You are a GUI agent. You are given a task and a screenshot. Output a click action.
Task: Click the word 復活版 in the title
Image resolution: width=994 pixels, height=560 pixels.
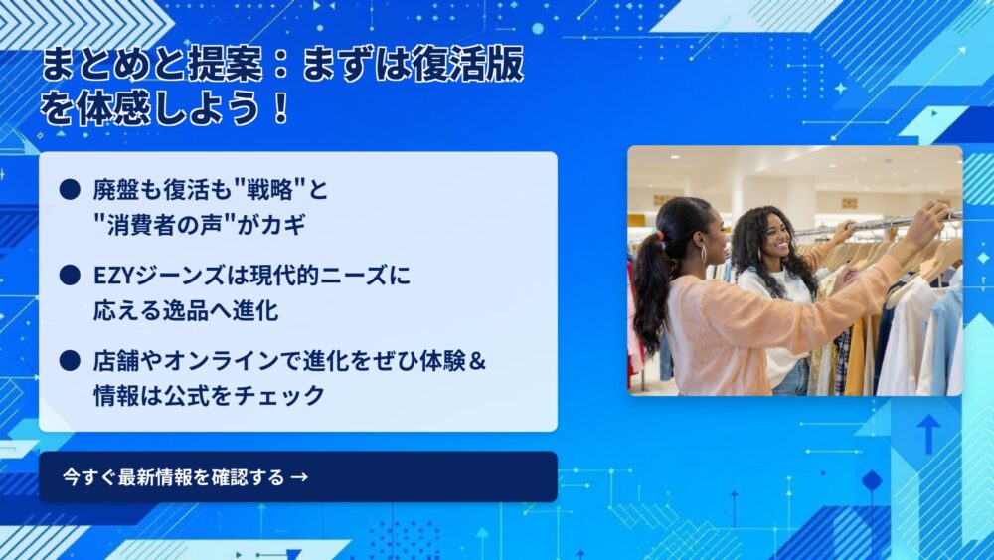click(x=468, y=64)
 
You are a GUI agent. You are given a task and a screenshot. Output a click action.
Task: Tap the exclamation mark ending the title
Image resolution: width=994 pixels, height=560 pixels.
click(x=281, y=107)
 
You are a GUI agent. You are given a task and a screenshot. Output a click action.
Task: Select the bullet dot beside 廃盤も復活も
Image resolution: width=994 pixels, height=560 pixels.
click(x=70, y=189)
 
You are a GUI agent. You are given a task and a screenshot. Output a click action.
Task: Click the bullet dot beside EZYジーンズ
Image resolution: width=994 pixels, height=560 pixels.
click(x=70, y=276)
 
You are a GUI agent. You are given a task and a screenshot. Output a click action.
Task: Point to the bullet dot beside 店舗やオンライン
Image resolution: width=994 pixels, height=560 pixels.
click(x=70, y=361)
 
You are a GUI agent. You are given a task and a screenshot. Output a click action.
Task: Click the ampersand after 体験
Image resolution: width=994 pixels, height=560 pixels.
click(x=478, y=361)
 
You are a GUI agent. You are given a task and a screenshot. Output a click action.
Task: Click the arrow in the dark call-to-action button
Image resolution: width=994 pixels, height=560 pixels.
click(x=299, y=476)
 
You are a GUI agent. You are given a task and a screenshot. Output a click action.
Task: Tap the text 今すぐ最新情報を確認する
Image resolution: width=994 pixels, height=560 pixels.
click(x=173, y=476)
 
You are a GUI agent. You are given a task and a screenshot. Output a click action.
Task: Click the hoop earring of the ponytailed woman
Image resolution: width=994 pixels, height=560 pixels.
click(x=704, y=255)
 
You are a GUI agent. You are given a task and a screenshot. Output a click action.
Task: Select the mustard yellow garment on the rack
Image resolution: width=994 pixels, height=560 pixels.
click(x=857, y=355)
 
